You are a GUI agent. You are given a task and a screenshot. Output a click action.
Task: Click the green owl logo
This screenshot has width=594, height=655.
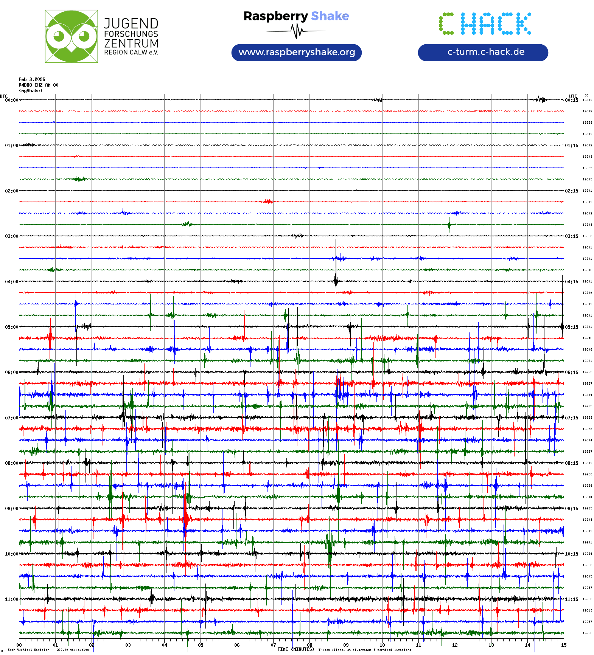pyautogui.click(x=71, y=36)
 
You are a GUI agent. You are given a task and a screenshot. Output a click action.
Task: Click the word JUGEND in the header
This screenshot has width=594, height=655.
pyautogui.click(x=131, y=23)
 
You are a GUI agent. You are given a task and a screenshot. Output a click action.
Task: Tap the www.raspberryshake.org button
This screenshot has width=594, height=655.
pyautogui.click(x=297, y=52)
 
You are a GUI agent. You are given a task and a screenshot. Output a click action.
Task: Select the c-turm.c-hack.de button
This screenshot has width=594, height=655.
pyautogui.click(x=483, y=52)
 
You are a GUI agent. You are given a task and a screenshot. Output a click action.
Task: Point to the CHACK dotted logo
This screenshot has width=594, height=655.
pyautogui.click(x=485, y=23)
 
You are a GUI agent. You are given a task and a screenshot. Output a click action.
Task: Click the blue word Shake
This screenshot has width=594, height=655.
pyautogui.click(x=330, y=16)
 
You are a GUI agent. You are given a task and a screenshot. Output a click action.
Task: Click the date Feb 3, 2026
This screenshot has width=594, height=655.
pyautogui.click(x=32, y=79)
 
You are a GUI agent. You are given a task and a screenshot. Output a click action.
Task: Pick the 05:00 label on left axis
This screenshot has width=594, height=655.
pyautogui.click(x=11, y=327)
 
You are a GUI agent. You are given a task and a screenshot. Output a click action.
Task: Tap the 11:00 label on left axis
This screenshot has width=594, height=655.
pyautogui.click(x=11, y=599)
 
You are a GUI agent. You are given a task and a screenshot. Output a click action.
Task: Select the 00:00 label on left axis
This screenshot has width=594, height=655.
pyautogui.click(x=11, y=100)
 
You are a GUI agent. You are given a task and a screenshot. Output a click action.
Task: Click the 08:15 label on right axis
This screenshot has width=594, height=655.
pyautogui.click(x=571, y=463)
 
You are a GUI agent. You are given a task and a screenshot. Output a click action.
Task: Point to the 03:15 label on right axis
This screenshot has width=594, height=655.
pyautogui.click(x=571, y=236)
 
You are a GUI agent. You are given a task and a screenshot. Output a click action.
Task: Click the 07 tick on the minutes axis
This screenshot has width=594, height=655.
pyautogui.click(x=273, y=645)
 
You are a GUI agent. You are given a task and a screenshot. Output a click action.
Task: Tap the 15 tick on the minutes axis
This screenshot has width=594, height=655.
pyautogui.click(x=563, y=645)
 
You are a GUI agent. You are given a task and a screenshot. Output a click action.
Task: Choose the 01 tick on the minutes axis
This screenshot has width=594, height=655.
pyautogui.click(x=55, y=645)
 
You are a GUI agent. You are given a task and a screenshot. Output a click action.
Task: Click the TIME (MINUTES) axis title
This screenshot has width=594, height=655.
pyautogui.click(x=295, y=649)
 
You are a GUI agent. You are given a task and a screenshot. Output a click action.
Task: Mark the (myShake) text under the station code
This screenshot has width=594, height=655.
pyautogui.click(x=31, y=91)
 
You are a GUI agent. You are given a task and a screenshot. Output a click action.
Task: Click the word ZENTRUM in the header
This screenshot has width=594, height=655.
pyautogui.click(x=131, y=43)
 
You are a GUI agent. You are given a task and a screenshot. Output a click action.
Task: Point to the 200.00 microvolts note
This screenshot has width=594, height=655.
pyautogui.click(x=73, y=650)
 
